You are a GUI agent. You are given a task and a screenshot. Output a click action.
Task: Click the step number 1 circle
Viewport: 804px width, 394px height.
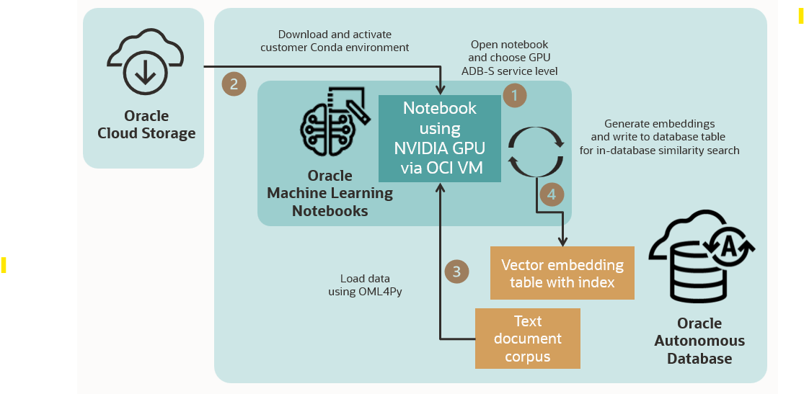515,95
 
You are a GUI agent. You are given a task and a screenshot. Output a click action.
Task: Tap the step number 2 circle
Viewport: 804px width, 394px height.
233,84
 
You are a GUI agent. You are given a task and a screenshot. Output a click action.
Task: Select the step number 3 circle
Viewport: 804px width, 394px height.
456,271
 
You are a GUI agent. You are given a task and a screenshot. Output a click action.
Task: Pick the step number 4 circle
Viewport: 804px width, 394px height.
551,194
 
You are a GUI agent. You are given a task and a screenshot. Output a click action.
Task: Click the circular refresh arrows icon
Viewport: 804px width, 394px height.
536,151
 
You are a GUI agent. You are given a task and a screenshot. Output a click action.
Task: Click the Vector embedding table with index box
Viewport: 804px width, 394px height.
562,273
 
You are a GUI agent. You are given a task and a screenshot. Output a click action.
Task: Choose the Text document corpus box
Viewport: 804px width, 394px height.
527,339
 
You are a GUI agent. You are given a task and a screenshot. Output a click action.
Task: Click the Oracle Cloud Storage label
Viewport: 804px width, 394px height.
146,125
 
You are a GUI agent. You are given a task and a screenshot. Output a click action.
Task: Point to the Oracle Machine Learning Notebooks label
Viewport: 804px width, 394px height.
330,193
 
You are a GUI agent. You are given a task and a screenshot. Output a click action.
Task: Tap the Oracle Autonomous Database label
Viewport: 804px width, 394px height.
699,341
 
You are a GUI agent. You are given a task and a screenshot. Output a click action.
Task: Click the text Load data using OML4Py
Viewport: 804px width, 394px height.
365,285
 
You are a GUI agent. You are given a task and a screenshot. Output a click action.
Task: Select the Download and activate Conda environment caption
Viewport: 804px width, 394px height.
335,40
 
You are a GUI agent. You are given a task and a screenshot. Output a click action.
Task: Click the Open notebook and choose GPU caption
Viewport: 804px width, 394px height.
509,58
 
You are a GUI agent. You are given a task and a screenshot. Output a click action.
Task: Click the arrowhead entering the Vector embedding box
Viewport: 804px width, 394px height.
562,241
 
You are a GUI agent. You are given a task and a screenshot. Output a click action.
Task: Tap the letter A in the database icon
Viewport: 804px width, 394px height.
728,247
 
